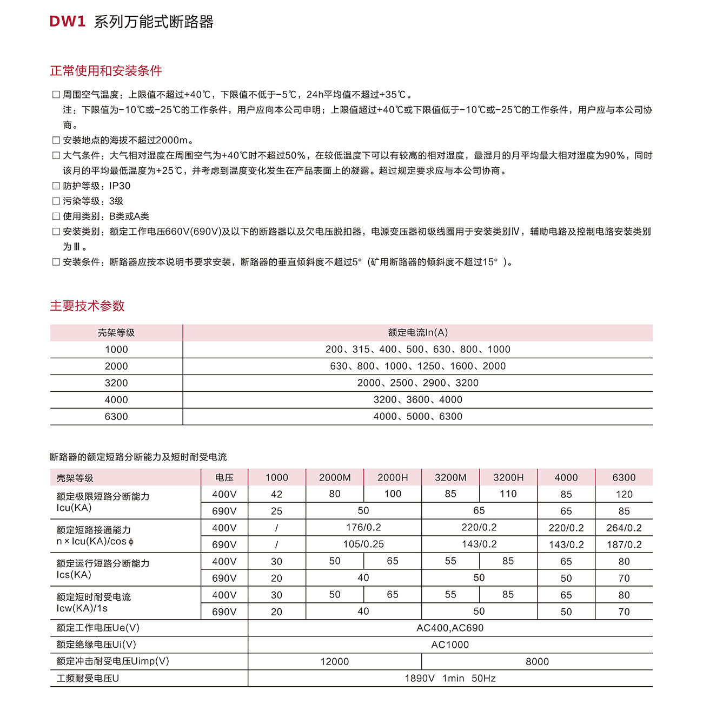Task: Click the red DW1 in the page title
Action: click(x=68, y=22)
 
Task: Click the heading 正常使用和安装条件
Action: click(x=106, y=71)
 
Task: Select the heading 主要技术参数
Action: click(x=88, y=306)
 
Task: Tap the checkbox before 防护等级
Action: click(x=56, y=186)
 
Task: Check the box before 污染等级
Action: click(x=56, y=201)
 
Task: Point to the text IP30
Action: click(x=120, y=186)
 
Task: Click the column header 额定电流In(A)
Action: click(x=417, y=333)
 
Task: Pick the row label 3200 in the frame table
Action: click(x=116, y=383)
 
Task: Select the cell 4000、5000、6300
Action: click(x=417, y=417)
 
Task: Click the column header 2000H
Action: click(x=393, y=477)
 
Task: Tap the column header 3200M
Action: click(x=450, y=477)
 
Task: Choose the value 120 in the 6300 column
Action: click(x=624, y=494)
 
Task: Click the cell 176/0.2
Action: click(x=363, y=528)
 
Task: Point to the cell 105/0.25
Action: click(x=363, y=544)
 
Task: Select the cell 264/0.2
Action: click(x=624, y=528)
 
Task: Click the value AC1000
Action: click(x=450, y=645)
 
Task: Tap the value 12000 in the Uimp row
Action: click(x=335, y=661)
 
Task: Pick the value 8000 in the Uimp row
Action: click(x=537, y=661)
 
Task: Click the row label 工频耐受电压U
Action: click(x=88, y=678)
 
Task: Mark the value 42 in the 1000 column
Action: click(x=276, y=494)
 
